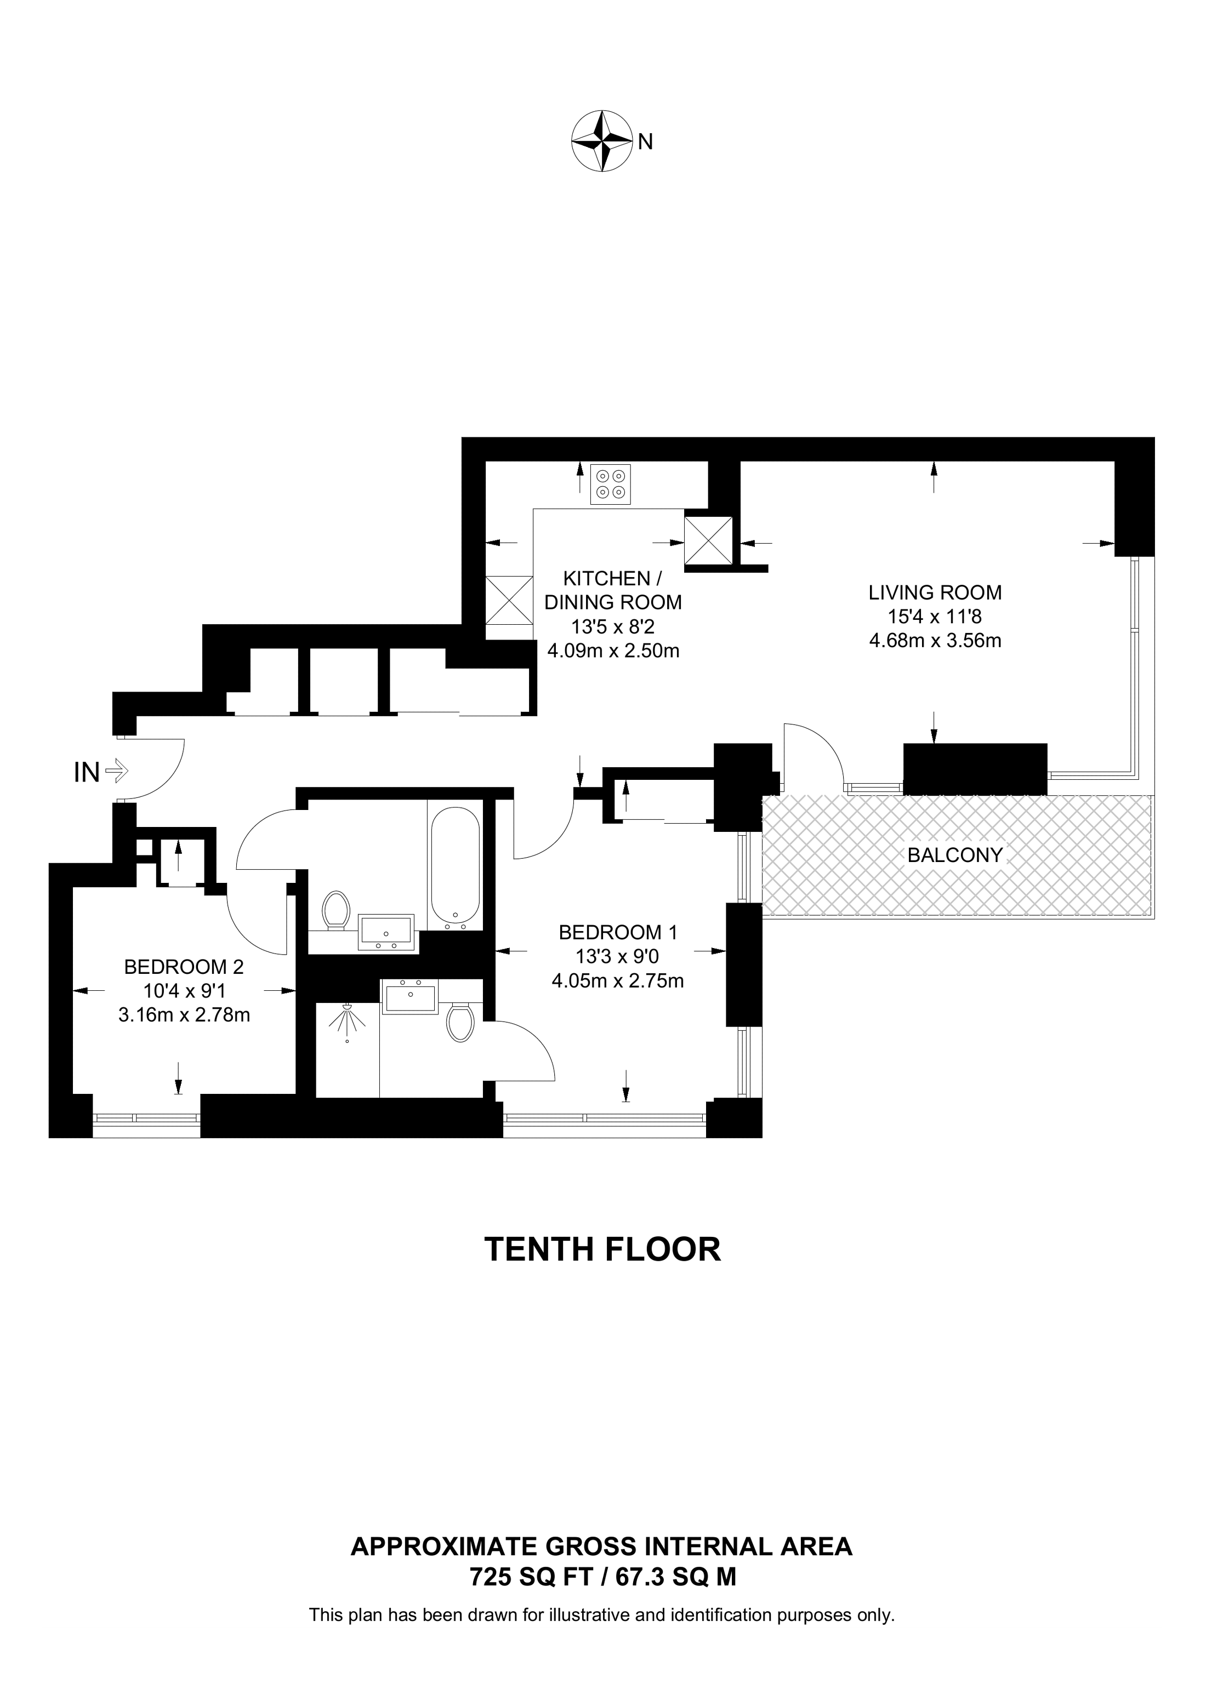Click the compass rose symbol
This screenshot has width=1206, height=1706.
[x=600, y=141]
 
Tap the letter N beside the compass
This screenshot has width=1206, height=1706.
[x=645, y=141]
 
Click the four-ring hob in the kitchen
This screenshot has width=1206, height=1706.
[x=611, y=484]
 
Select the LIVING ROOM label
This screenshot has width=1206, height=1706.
[x=935, y=593]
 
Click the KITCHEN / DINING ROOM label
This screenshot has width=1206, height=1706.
[x=612, y=590]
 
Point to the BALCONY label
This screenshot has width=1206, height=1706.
[x=955, y=855]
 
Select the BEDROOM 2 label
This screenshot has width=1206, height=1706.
[x=184, y=967]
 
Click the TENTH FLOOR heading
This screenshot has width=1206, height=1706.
[x=602, y=1251]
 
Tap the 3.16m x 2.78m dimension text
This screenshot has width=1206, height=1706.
[x=184, y=1014]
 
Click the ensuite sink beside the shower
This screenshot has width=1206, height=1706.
[x=409, y=996]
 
